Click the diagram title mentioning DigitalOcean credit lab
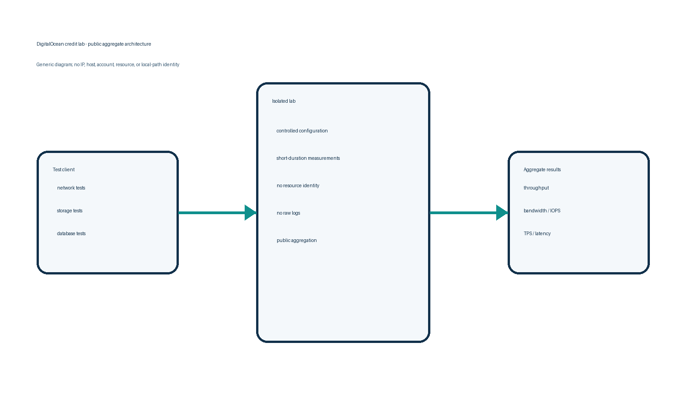click(x=94, y=44)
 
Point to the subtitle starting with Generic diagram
click(x=108, y=64)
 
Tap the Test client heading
click(x=64, y=169)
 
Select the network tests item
click(x=71, y=188)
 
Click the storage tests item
click(x=70, y=211)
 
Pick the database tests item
click(x=71, y=233)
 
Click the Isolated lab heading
click(x=284, y=101)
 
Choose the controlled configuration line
click(x=302, y=131)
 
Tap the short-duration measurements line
click(x=308, y=158)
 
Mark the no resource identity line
click(x=298, y=185)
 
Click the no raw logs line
click(x=288, y=213)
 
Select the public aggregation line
click(x=297, y=240)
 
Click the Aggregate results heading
click(x=542, y=170)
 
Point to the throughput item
click(x=536, y=188)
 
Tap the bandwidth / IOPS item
click(x=542, y=211)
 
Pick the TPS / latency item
click(x=537, y=234)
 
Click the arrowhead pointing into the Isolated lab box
click(x=251, y=212)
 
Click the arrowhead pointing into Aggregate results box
click(x=502, y=212)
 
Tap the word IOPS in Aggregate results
click(x=555, y=211)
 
